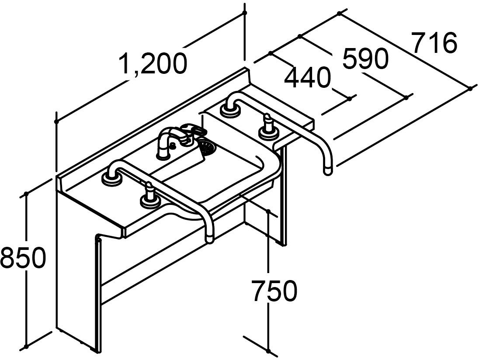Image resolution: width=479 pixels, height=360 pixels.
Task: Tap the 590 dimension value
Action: pyautogui.click(x=365, y=59)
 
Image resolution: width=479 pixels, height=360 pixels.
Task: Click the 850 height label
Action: pyautogui.click(x=23, y=258)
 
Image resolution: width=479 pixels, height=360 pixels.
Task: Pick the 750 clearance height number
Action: pyautogui.click(x=274, y=291)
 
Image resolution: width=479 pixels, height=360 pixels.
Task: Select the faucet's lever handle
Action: pyautogui.click(x=194, y=128)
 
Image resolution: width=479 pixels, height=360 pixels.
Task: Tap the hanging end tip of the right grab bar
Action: pyautogui.click(x=328, y=168)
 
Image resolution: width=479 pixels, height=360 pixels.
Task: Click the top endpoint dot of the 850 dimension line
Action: pyautogui.click(x=27, y=193)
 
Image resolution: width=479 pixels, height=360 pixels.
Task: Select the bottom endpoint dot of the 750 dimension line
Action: pyautogui.click(x=268, y=350)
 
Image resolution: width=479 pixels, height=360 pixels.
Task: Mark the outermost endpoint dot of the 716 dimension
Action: pyautogui.click(x=470, y=88)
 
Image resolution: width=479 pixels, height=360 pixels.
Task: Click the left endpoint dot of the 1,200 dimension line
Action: pyautogui.click(x=56, y=121)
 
